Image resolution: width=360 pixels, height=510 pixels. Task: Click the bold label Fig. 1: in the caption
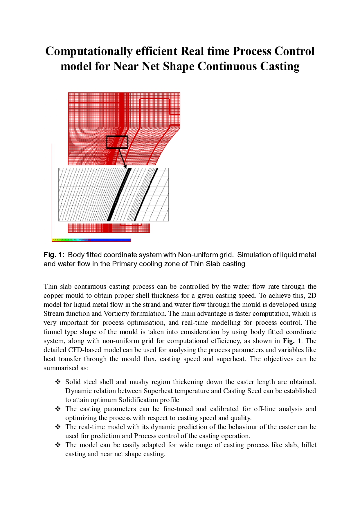54,255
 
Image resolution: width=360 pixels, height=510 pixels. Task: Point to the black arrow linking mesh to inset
122,158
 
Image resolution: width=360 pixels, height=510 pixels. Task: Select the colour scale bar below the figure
91,240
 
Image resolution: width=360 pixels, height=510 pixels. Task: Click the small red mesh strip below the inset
109,228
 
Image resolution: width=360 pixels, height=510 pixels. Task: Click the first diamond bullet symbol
58,382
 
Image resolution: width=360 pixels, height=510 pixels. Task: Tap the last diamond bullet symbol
58,445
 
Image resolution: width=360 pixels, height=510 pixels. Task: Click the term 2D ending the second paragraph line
312,296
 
